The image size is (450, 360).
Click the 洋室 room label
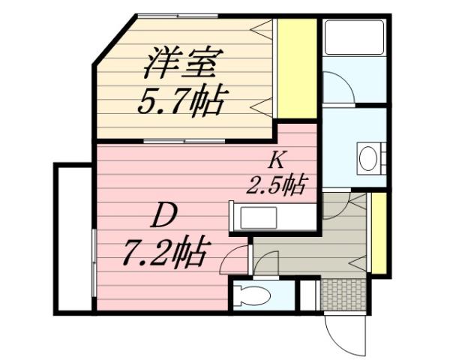pyautogui.click(x=181, y=64)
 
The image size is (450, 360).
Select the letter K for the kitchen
pyautogui.click(x=275, y=159)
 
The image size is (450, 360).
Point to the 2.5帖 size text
pyautogui.click(x=277, y=184)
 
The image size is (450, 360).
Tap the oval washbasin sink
pyautogui.click(x=368, y=159)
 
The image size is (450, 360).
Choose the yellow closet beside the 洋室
pyautogui.click(x=297, y=67)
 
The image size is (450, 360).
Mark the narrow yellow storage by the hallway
pyautogui.click(x=379, y=233)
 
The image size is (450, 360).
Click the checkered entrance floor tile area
pyautogui.click(x=342, y=294)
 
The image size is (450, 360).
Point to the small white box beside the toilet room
pyautogui.click(x=307, y=294)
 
